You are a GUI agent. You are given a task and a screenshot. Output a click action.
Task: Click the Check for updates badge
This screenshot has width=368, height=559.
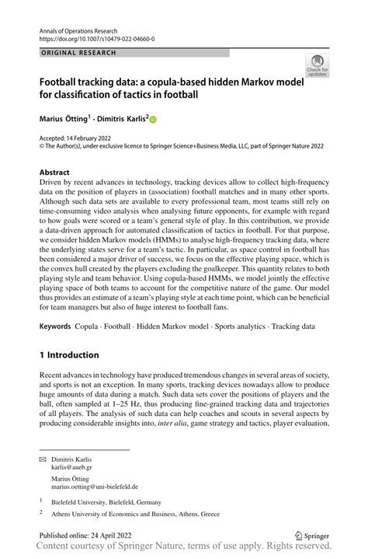(317, 65)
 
